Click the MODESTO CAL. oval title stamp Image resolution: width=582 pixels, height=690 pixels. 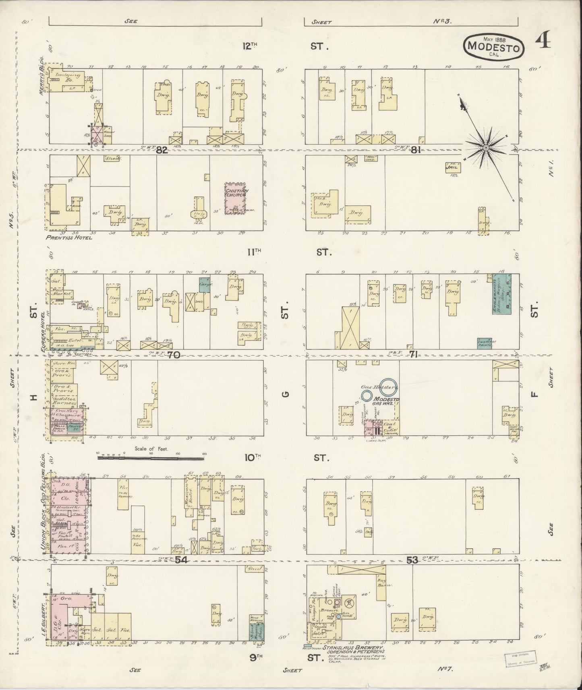495,47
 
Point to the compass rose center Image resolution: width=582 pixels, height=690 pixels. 486,148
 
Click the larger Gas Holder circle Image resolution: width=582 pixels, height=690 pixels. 389,386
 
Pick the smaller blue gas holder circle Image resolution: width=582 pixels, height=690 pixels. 367,395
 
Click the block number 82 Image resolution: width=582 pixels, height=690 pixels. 162,150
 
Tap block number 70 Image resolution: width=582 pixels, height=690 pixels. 174,355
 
